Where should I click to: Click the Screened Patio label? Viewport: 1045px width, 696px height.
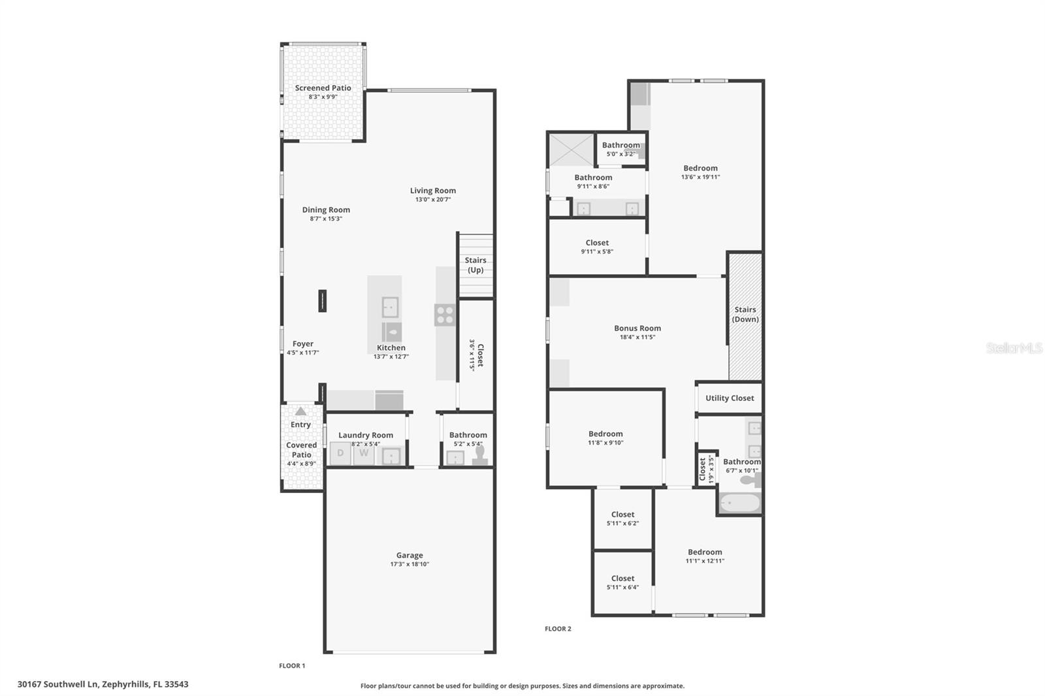[x=323, y=88]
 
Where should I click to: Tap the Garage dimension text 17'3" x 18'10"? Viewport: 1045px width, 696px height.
[x=410, y=564]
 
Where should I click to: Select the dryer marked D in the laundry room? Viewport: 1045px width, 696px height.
[x=340, y=453]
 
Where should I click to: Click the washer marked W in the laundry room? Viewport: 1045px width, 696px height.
[x=364, y=453]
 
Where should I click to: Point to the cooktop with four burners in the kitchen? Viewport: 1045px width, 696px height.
[x=445, y=315]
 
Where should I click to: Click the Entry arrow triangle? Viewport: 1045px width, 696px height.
[x=300, y=411]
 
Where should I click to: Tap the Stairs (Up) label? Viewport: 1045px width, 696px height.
[x=475, y=265]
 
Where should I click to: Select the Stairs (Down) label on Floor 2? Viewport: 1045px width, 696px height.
[x=745, y=315]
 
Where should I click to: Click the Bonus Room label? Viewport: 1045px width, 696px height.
[x=637, y=328]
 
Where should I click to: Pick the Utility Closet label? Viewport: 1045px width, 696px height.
[x=730, y=398]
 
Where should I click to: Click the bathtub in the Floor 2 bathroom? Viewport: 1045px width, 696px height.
[x=740, y=503]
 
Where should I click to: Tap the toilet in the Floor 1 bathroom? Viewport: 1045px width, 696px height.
[x=481, y=455]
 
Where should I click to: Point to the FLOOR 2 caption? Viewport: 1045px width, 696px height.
[x=558, y=629]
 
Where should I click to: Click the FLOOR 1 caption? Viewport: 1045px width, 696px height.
[x=292, y=666]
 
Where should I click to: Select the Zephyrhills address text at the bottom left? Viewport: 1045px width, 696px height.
[x=103, y=685]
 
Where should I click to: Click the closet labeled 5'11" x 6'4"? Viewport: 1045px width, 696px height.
[x=622, y=582]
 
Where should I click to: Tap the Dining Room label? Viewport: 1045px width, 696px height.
[x=326, y=210]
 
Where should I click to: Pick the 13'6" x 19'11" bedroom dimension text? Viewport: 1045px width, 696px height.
[x=700, y=177]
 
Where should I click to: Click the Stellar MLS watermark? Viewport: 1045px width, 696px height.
[x=1014, y=348]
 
